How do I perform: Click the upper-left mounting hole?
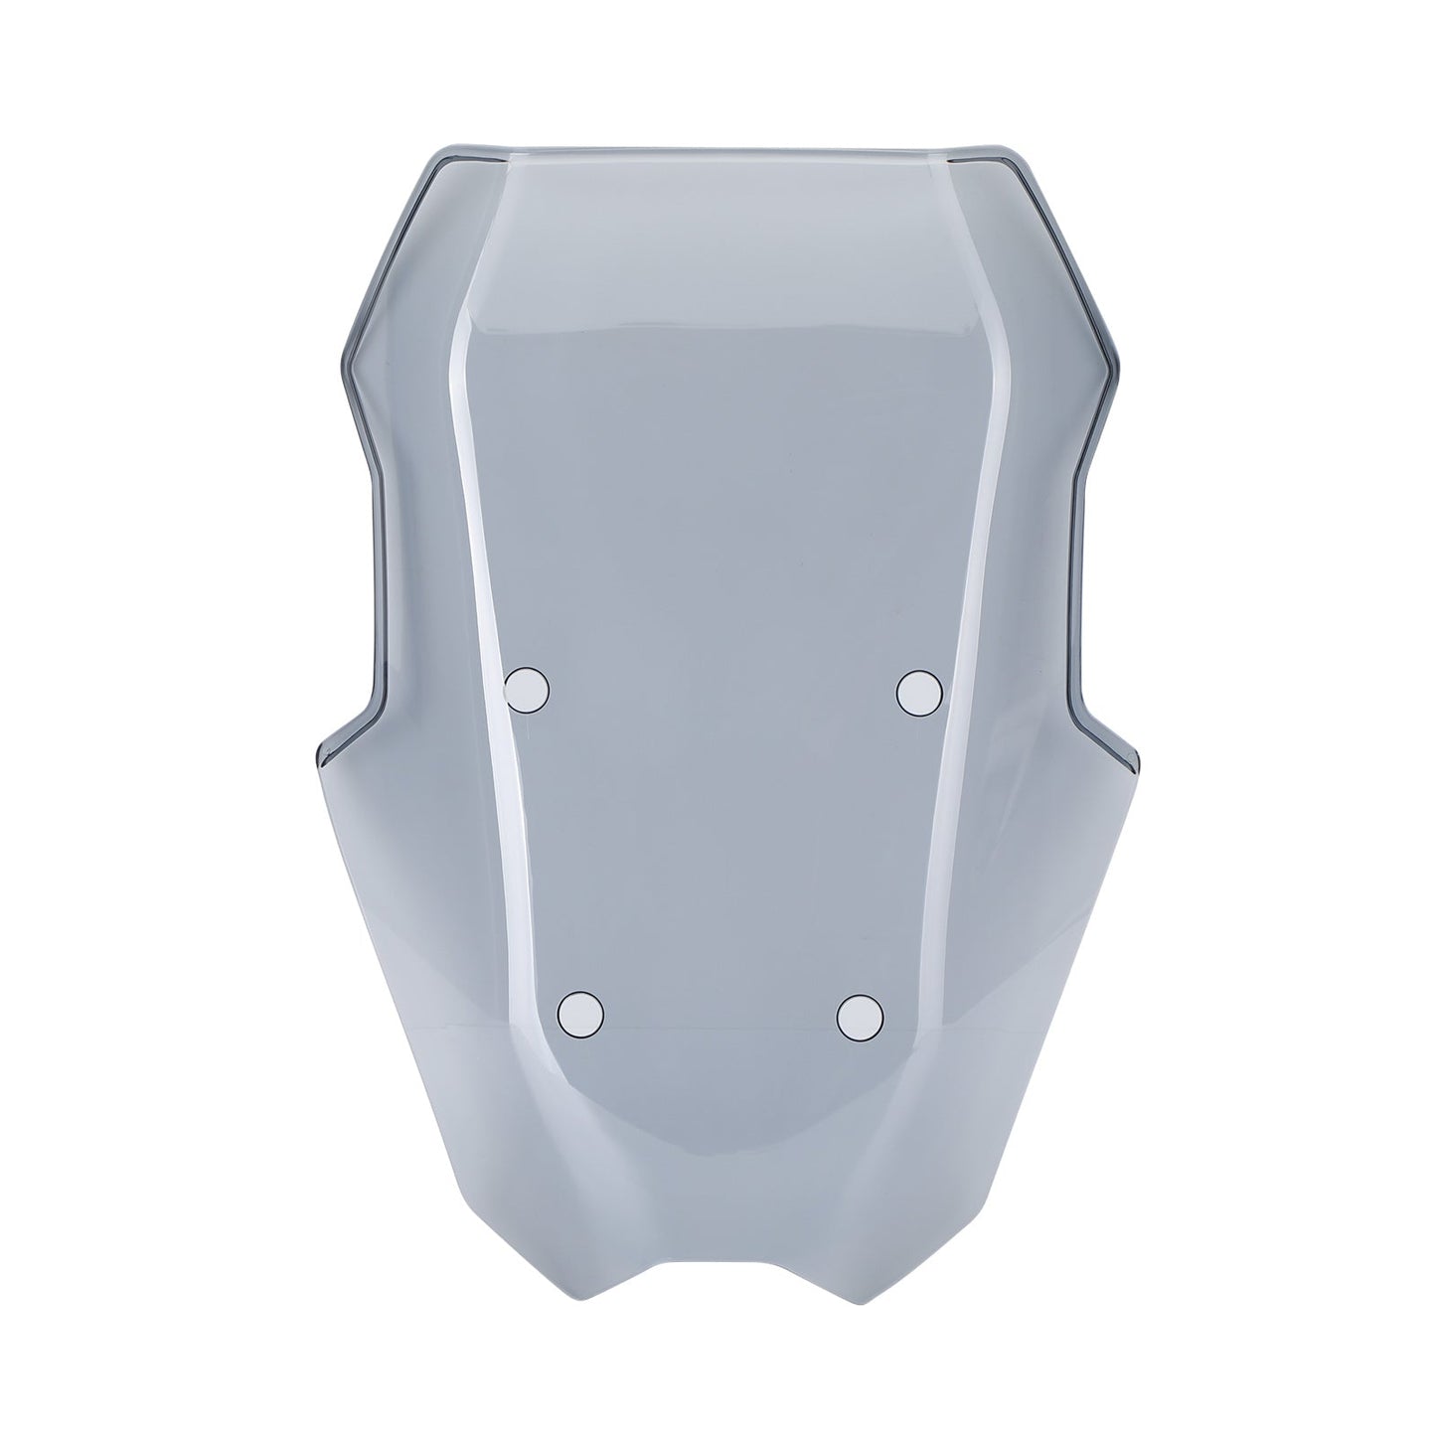[x=528, y=688]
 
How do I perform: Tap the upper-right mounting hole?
[x=919, y=692]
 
